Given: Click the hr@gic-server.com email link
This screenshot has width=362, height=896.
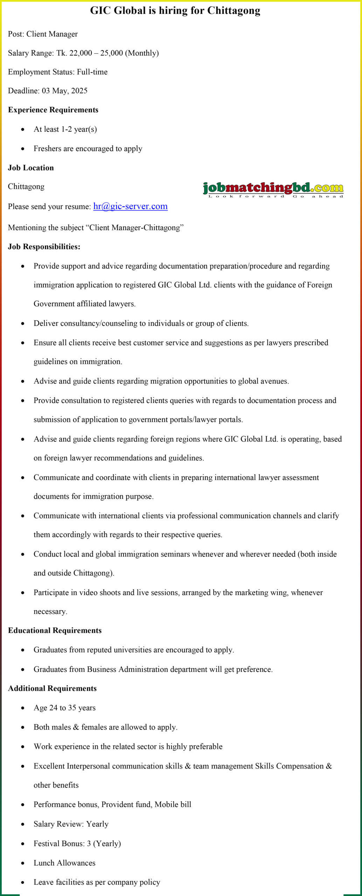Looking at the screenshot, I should [x=130, y=206].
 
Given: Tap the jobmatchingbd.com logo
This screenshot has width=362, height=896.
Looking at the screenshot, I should [x=273, y=189].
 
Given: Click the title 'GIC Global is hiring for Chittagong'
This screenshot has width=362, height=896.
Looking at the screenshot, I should [x=175, y=10].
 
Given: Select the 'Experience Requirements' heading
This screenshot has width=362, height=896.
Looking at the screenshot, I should [x=53, y=110].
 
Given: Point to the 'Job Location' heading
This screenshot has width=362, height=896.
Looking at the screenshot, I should [x=31, y=168].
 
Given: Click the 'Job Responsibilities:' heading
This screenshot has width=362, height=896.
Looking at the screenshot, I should [x=44, y=247].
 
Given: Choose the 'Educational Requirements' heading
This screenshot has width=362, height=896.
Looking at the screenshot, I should [x=55, y=630].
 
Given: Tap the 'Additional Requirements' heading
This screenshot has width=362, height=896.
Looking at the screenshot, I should [x=53, y=688].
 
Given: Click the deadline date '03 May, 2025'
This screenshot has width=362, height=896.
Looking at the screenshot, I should [x=65, y=91].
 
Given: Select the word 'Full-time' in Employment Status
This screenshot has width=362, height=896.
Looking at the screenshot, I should [x=92, y=72].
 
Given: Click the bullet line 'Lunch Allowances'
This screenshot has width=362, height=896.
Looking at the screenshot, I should [x=64, y=863].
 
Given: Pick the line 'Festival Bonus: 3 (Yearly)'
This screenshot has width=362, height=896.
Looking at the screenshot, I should [x=77, y=843].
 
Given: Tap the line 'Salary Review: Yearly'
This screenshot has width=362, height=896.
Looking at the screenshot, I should [x=71, y=824].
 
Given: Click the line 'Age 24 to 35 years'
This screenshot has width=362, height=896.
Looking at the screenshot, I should [x=64, y=708].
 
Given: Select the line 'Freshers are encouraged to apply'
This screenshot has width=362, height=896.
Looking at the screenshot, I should [x=88, y=149].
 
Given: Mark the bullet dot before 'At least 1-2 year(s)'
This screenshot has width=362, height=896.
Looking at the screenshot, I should [x=23, y=129].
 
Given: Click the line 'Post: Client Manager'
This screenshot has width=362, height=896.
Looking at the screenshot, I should [x=43, y=34].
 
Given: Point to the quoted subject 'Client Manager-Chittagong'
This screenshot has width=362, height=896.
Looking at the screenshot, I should [x=135, y=228].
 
